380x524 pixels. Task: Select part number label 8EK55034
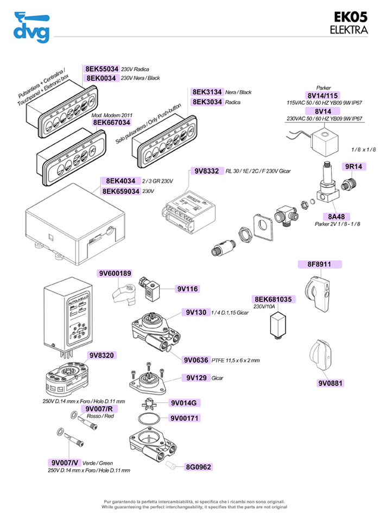102,69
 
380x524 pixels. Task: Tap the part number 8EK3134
207,92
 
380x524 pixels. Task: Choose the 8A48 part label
332,216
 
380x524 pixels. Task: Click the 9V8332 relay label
206,171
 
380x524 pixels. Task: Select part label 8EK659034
121,191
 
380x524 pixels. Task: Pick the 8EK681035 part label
274,299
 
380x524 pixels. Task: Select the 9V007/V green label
64,462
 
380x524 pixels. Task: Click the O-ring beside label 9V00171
148,419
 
